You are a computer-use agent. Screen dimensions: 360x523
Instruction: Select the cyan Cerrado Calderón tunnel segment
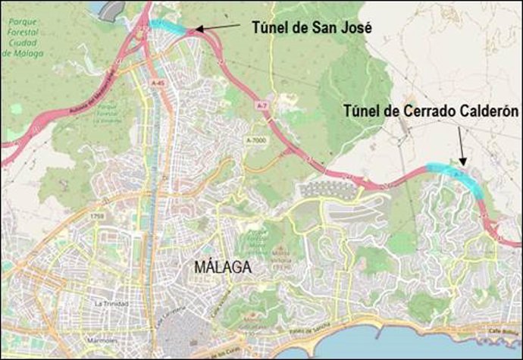[x=456, y=174]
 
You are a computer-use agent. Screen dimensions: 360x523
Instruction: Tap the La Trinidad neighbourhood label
[x=110, y=303]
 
